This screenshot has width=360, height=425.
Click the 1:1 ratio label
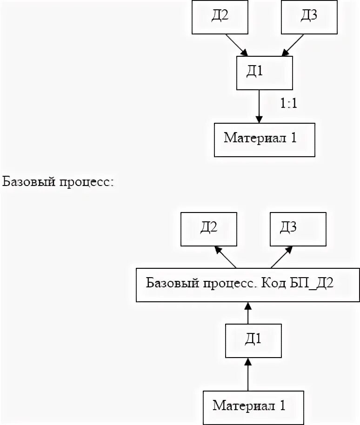289,103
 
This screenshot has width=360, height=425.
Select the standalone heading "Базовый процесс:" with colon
58,182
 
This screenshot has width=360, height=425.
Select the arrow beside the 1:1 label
259,106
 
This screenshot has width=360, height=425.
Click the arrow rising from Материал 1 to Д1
248,374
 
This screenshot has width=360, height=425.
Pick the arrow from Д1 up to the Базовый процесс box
248,313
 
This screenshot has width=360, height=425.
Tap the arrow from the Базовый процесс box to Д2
226,257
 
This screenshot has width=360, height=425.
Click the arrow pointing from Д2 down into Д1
237,45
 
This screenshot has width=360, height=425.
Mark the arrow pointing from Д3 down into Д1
293,45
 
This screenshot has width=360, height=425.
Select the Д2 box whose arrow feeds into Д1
220,17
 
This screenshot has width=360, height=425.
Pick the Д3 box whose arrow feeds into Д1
309,17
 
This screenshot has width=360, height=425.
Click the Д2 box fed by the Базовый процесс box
209,229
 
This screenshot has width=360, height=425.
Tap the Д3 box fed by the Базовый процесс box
298,229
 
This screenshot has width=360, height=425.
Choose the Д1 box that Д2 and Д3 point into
265,73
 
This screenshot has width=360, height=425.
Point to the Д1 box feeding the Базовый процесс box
253,341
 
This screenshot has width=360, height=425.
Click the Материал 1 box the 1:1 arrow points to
265,140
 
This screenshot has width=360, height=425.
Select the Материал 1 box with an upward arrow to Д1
253,408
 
